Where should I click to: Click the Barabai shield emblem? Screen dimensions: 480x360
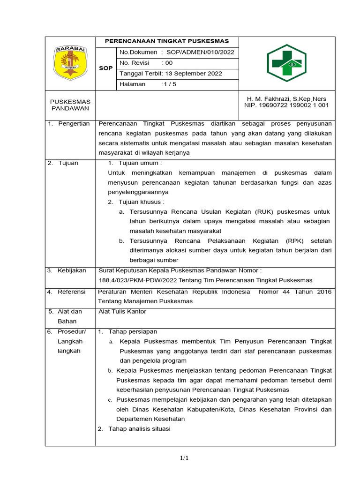[70, 63]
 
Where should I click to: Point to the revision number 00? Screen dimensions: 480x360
[167, 63]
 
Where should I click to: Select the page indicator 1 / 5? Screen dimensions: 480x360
[169, 84]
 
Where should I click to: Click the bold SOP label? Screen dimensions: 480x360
[106, 68]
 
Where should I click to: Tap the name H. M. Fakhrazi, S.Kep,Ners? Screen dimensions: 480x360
[286, 99]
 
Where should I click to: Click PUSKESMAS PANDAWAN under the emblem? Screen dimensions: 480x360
[70, 105]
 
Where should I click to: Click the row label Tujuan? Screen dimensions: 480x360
[68, 163]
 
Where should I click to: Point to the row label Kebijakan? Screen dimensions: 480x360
[72, 270]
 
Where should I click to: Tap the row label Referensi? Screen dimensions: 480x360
[72, 292]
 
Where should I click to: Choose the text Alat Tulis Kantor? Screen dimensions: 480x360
[122, 311]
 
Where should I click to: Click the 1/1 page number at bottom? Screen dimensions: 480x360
[183, 458]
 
